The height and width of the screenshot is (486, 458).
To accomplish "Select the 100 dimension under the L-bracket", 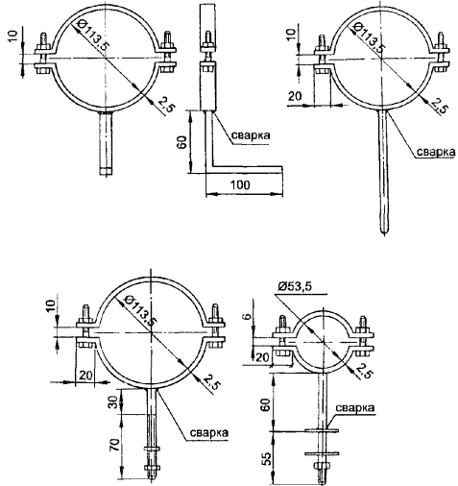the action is [241, 185].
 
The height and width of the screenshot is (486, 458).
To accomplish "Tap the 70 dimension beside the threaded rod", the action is [115, 445].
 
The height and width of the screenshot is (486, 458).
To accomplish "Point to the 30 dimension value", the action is [112, 401].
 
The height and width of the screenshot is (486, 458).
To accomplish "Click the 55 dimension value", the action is [267, 458].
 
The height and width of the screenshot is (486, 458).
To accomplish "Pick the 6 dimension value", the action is [248, 317].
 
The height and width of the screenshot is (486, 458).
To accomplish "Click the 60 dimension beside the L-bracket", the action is [181, 142].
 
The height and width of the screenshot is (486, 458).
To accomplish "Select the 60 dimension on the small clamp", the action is [267, 404].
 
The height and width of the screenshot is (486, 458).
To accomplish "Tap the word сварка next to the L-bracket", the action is [251, 135].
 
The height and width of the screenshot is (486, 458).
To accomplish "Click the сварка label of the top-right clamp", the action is [436, 153].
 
